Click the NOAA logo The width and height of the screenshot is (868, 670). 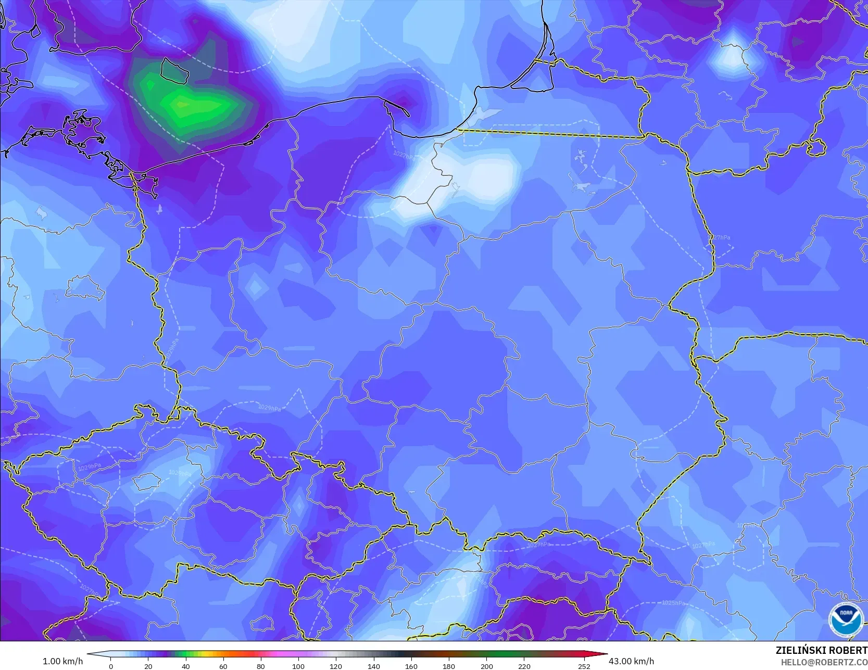click(846, 619)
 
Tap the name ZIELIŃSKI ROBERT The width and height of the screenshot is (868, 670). click(821, 650)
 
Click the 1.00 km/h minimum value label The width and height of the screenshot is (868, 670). click(62, 661)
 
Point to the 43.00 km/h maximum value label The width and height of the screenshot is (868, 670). click(631, 661)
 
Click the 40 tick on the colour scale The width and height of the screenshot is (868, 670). click(186, 666)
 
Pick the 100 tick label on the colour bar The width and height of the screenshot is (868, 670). click(298, 666)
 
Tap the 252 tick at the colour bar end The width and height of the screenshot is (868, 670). click(584, 666)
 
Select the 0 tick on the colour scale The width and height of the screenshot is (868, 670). click(111, 666)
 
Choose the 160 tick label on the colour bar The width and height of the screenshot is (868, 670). click(411, 666)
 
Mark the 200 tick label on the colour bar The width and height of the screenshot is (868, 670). click(486, 666)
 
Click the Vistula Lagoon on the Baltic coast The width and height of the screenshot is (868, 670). click(482, 117)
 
